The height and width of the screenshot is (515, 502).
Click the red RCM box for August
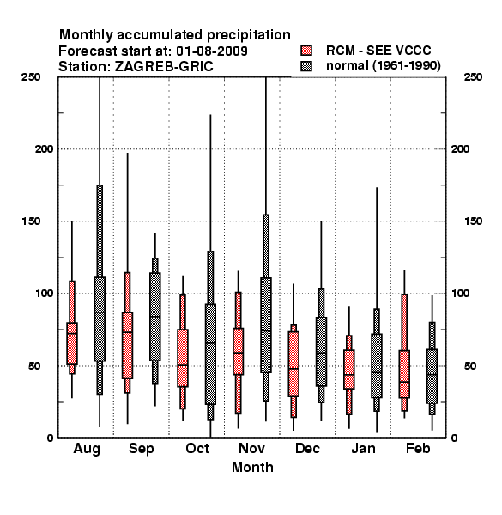pyautogui.click(x=72, y=343)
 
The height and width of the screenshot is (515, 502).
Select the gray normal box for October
pyautogui.click(x=210, y=354)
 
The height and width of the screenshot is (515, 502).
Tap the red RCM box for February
pyautogui.click(x=404, y=374)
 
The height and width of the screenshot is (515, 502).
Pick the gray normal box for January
pyautogui.click(x=377, y=366)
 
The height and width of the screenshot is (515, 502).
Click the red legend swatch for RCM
pyautogui.click(x=306, y=51)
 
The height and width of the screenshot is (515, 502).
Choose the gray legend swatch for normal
pyautogui.click(x=306, y=66)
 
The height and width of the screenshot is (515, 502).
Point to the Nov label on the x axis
pyautogui.click(x=251, y=448)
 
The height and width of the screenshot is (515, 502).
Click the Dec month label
pyautogui.click(x=307, y=448)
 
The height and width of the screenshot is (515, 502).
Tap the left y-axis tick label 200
pyautogui.click(x=44, y=148)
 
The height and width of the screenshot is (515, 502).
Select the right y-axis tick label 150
pyautogui.click(x=473, y=221)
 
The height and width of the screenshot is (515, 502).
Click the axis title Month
pyautogui.click(x=252, y=467)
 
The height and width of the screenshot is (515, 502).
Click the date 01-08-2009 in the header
pyautogui.click(x=212, y=51)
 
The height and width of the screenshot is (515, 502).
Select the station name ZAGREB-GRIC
pyautogui.click(x=164, y=67)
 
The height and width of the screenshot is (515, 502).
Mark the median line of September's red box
pyautogui.click(x=127, y=332)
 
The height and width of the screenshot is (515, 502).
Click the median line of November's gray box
pyautogui.click(x=266, y=330)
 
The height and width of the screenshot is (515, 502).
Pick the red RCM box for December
pyautogui.click(x=293, y=364)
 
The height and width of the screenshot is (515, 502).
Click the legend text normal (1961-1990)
pyautogui.click(x=383, y=66)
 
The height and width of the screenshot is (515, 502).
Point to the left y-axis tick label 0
pyautogui.click(x=50, y=438)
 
